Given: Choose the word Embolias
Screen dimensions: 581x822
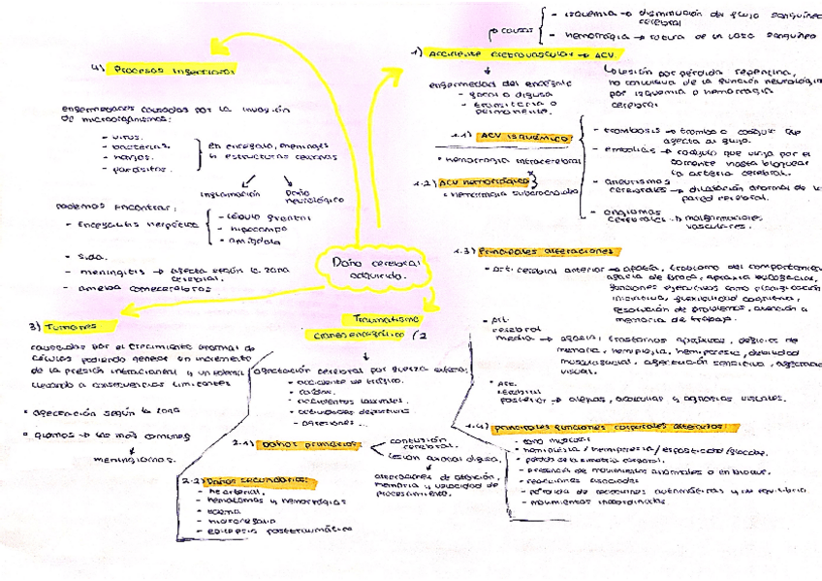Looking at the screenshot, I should [x=611, y=150].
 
